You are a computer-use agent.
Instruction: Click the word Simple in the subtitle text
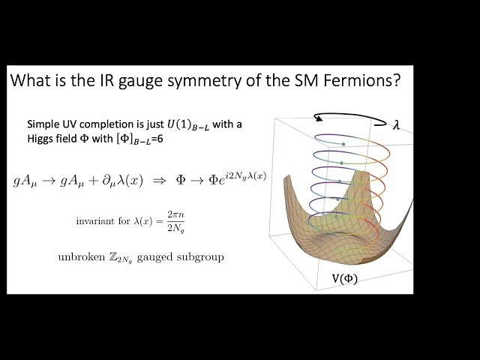pos(44,124)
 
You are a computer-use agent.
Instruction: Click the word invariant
pos(94,221)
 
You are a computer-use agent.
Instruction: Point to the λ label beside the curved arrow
pos(397,127)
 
